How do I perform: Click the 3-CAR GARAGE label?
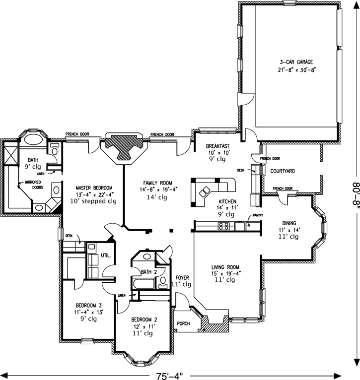pos(297,63)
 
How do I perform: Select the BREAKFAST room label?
pos(217,146)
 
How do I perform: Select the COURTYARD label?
pos(283,171)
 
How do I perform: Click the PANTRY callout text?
pos(257,215)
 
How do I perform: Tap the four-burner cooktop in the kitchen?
pos(224,227)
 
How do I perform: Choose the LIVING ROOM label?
pos(225,266)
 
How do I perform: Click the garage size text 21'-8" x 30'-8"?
pos(297,70)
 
